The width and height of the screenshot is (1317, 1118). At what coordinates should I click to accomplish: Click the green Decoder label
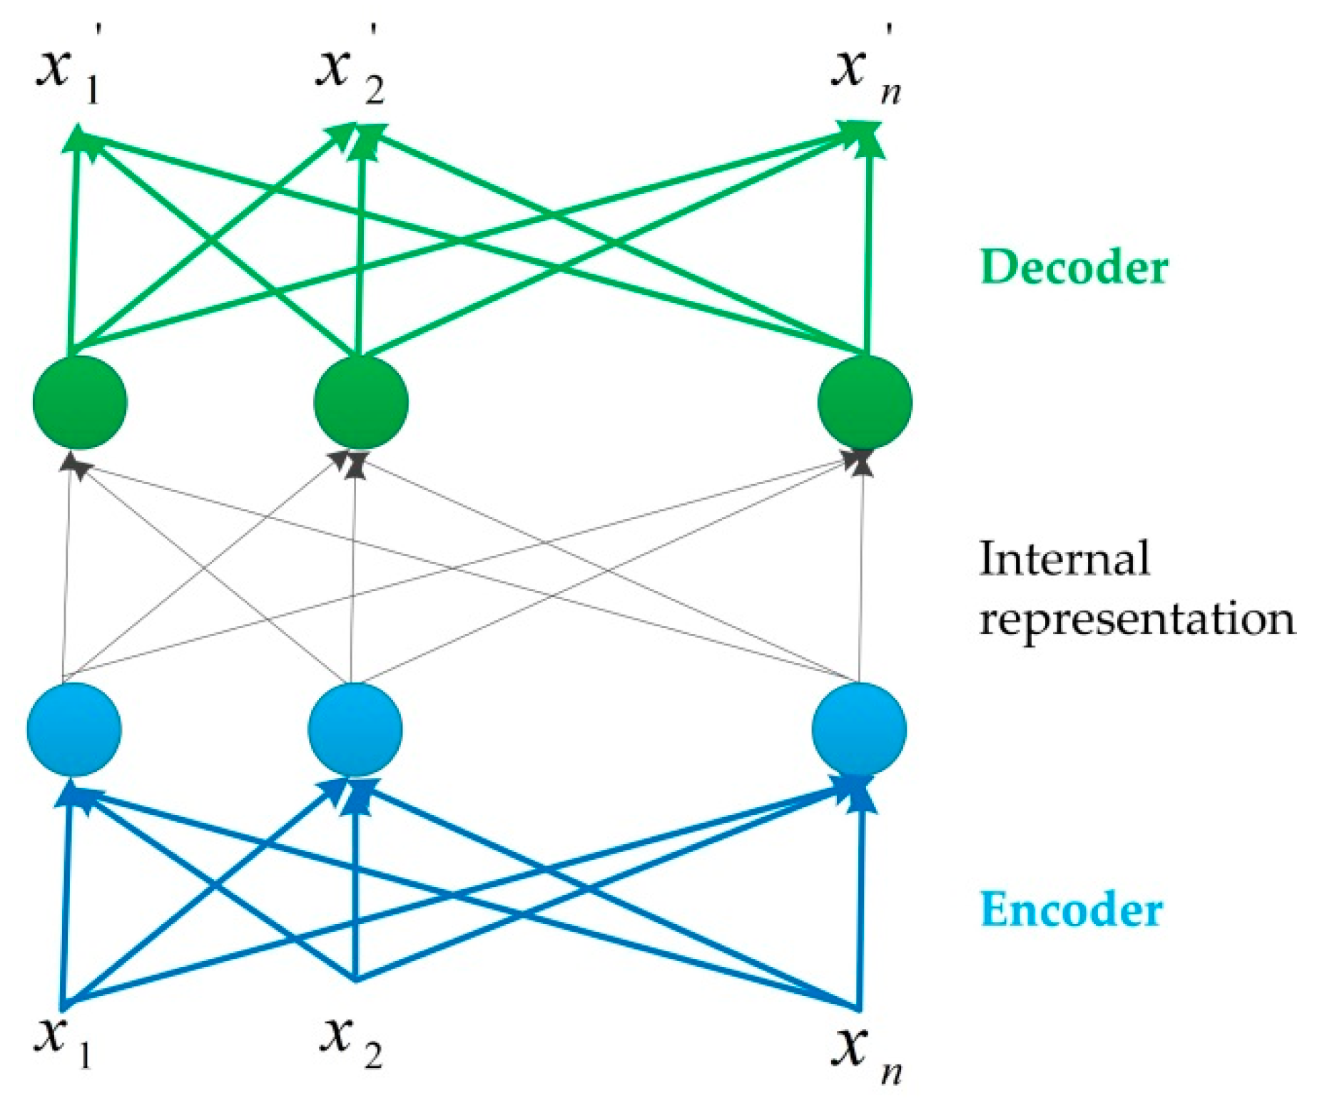point(1074,267)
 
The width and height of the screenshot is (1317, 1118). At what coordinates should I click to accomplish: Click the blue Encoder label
point(1071,911)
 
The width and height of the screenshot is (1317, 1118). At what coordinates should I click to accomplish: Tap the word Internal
point(1064,558)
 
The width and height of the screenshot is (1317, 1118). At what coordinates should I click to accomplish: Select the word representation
point(1136,618)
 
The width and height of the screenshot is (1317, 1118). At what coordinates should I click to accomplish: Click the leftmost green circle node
point(80,402)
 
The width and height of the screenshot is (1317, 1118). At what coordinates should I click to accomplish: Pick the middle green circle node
point(361,402)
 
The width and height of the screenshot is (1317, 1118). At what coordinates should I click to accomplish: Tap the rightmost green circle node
point(865,402)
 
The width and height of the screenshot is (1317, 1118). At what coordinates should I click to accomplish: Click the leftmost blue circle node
point(74,729)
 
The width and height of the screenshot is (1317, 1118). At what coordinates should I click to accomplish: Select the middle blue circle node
point(355,729)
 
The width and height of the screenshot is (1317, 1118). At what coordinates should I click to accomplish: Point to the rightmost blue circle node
point(859,729)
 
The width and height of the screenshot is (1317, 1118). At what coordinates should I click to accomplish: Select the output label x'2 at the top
point(350,71)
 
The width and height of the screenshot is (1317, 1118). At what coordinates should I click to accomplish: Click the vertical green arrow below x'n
point(868,250)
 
